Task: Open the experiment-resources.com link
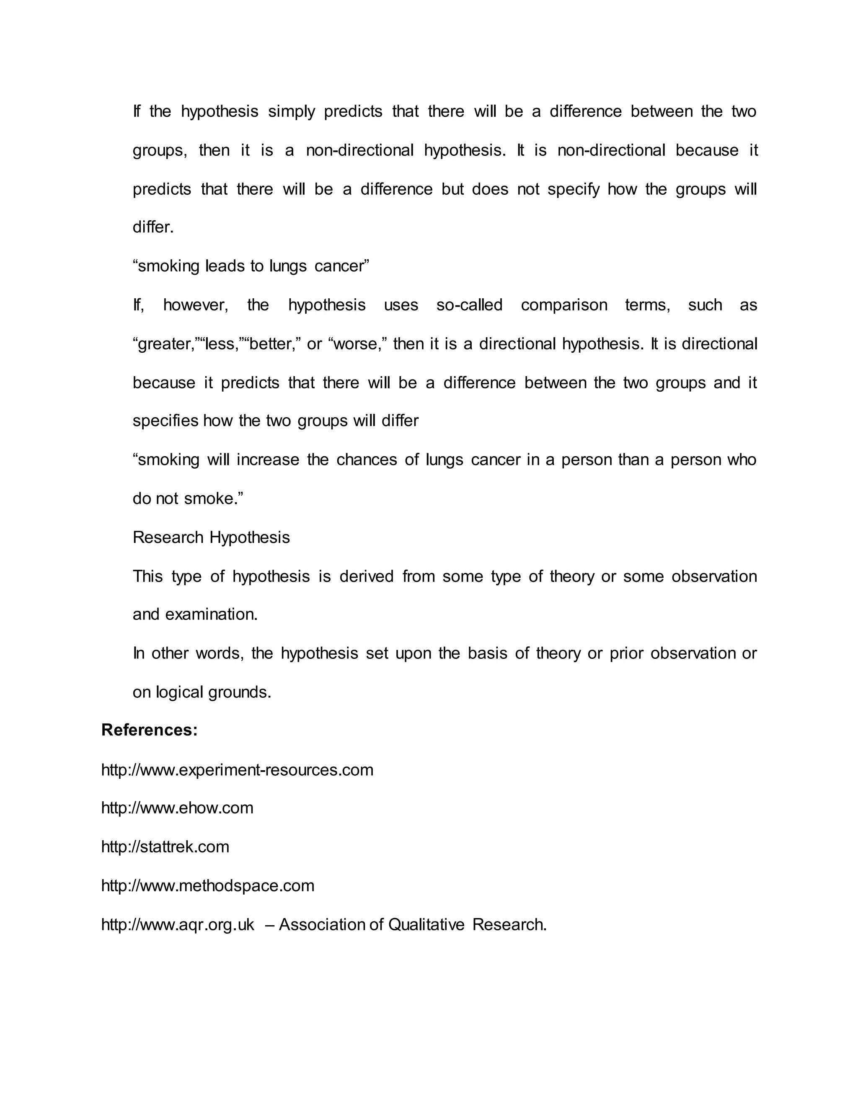[237, 769]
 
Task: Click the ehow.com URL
[177, 808]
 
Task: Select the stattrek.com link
[165, 847]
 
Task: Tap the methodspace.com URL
[207, 885]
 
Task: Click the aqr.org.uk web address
[177, 924]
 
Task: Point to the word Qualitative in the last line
[426, 924]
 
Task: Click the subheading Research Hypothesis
[211, 537]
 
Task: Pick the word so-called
[469, 305]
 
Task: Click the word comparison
[564, 305]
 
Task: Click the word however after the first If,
[195, 305]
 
